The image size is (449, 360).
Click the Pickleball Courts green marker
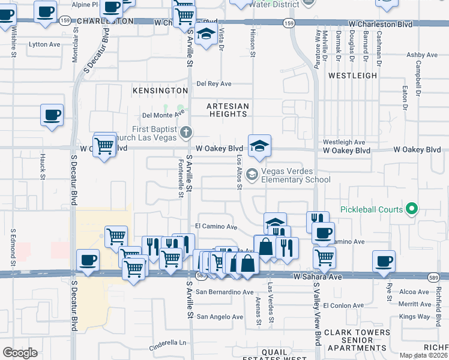coord(411,209)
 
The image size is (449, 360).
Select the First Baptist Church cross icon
coord(187,131)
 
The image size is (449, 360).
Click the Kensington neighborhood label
coord(160,90)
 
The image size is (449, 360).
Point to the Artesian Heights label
coord(228,110)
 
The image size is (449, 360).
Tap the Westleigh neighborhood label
coord(352,76)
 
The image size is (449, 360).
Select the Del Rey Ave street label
coord(214,84)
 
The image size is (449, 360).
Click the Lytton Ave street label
coord(45,44)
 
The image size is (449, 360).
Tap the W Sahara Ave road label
coord(318,277)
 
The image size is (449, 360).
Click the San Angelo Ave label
coord(220,317)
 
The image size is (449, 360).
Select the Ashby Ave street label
coord(418,55)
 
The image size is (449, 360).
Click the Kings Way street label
coord(415,316)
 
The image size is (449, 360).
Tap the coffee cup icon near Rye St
coord(384,262)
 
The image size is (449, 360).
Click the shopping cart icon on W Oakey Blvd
coord(105,145)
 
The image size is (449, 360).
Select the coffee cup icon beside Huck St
coord(52,115)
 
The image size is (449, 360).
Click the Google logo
coord(20,353)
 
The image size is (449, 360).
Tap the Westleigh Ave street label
coord(344,142)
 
